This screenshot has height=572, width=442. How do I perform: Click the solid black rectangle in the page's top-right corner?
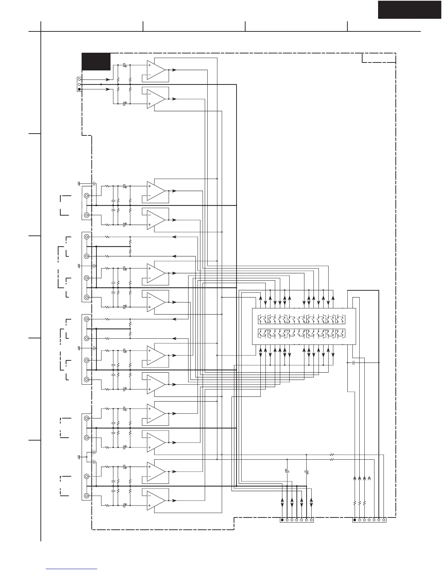click(x=409, y=9)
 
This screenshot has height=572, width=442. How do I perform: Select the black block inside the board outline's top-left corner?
click(x=96, y=61)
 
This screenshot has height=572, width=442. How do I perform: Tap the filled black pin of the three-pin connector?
click(x=79, y=89)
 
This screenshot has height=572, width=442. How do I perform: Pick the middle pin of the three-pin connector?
click(x=79, y=84)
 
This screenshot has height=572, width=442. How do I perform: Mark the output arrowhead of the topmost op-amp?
click(x=175, y=70)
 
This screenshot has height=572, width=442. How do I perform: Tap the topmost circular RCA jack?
click(x=87, y=196)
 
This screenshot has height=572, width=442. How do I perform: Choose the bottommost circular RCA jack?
click(x=87, y=496)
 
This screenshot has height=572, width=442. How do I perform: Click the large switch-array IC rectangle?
click(x=303, y=326)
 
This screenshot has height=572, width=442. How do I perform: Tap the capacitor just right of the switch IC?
click(x=354, y=362)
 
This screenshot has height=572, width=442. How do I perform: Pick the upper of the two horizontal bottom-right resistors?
click(x=332, y=454)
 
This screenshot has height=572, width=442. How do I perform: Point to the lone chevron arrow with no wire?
click(x=369, y=478)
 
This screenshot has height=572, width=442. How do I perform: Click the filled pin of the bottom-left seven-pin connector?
click(x=282, y=520)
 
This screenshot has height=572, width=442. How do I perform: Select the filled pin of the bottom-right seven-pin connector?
click(x=355, y=520)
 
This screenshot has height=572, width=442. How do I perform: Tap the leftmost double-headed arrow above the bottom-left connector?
click(x=282, y=503)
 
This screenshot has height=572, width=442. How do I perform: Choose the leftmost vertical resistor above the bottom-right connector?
click(x=355, y=503)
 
